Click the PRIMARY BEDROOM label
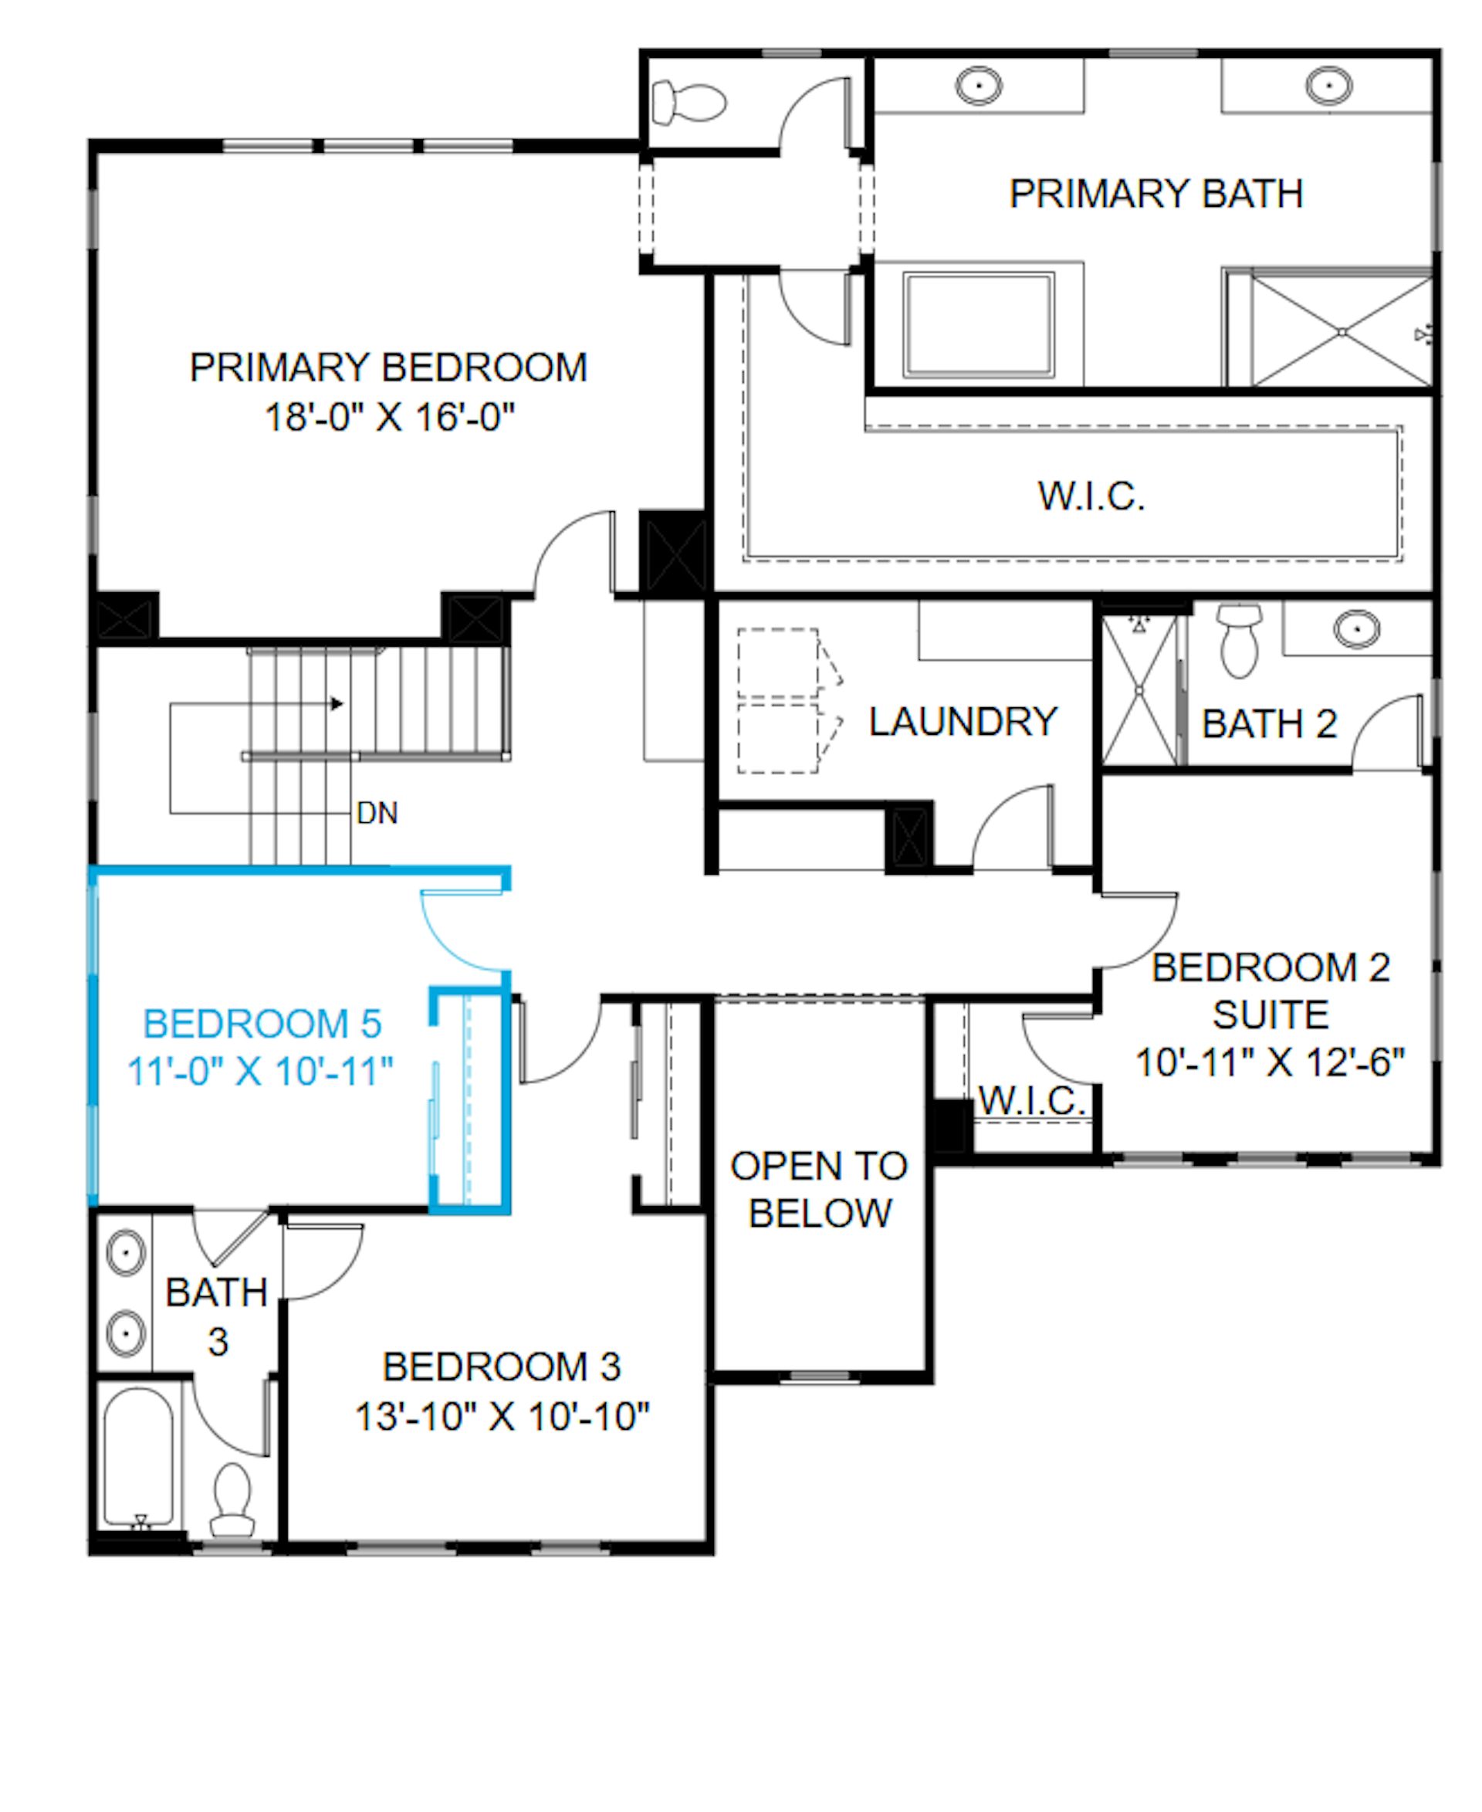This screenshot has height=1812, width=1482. tap(388, 368)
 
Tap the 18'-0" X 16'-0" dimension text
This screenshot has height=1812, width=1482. tap(390, 418)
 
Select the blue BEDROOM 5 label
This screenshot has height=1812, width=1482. tap(262, 1024)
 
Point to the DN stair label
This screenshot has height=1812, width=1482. tap(377, 813)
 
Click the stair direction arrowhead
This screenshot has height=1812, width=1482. tap(337, 703)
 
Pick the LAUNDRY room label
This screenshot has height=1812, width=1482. tap(963, 722)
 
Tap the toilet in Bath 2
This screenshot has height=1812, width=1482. tap(1240, 641)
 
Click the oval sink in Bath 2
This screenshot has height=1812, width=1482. tap(1356, 630)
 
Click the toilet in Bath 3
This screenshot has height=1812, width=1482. tap(232, 1501)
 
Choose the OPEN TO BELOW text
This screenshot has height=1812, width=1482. tap(820, 1190)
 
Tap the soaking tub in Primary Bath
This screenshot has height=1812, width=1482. tap(980, 324)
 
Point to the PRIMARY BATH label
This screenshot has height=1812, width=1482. tap(1156, 194)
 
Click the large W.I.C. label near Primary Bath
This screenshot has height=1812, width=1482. tap(1091, 497)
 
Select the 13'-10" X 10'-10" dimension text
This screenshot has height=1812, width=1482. tap(502, 1417)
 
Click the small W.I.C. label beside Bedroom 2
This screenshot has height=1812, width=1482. tap(1031, 1101)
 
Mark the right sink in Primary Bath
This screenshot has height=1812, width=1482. tap(1329, 86)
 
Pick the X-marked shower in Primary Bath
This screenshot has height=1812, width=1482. tap(1342, 331)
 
